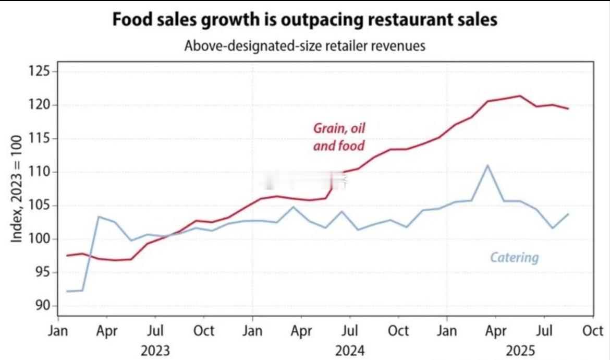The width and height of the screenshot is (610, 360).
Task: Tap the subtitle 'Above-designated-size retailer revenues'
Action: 305,45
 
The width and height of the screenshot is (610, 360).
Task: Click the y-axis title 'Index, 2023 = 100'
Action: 17,188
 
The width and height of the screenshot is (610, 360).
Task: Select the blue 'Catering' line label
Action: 514,257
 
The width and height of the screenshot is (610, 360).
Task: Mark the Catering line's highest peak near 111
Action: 487,165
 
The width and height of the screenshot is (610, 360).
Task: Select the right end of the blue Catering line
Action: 568,214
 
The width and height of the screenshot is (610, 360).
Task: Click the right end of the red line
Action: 568,109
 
